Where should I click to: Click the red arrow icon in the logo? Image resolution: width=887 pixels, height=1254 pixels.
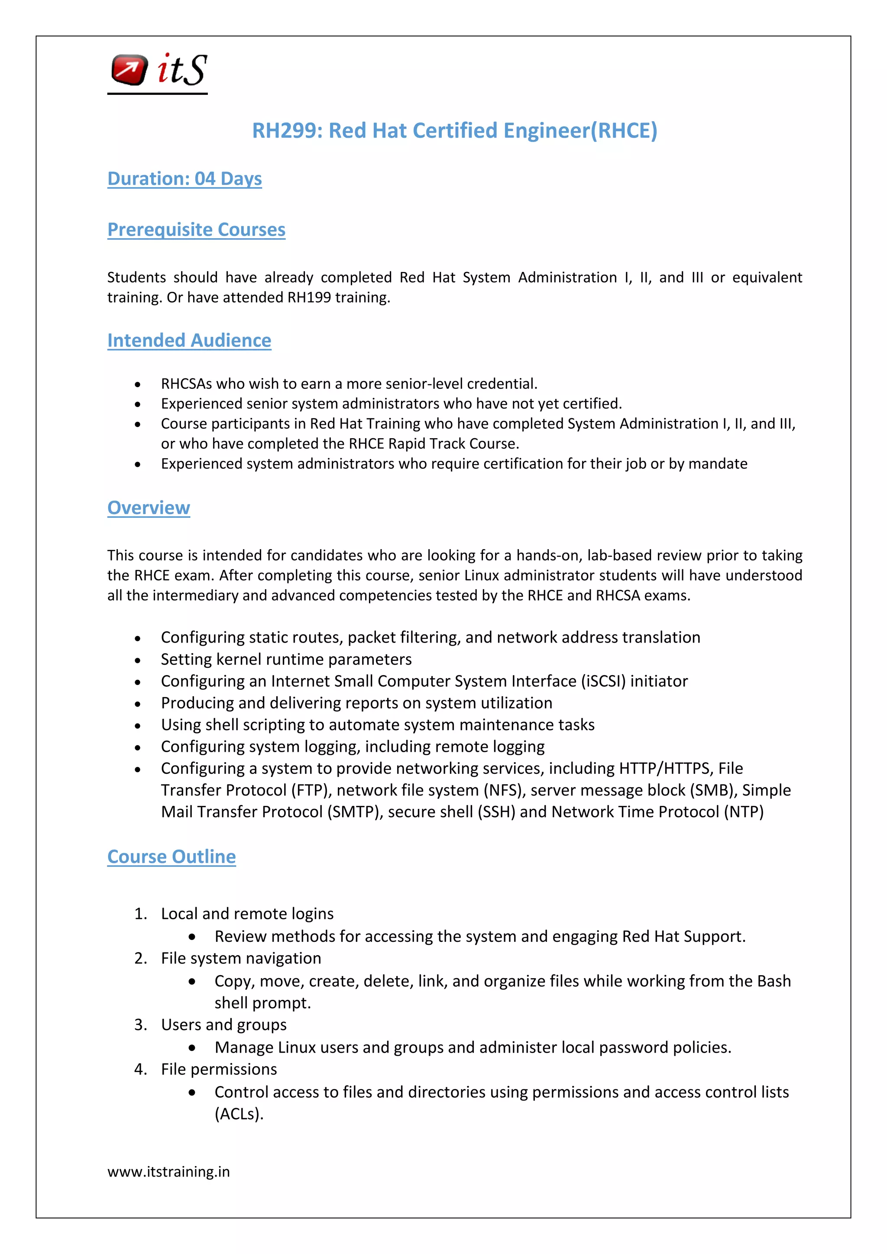pos(129,70)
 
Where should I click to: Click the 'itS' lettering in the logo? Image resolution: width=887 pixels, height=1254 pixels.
pos(182,70)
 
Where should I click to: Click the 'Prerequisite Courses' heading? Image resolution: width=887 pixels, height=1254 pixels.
pos(196,230)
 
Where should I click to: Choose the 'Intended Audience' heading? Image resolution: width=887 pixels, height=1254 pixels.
pos(189,341)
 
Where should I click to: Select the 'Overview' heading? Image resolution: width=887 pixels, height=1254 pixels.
pos(149,508)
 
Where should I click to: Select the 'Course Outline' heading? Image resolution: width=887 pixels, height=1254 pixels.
pos(172,857)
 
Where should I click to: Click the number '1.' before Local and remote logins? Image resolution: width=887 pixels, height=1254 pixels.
pos(141,914)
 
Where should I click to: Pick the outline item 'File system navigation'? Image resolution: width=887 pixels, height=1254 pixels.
pos(241,959)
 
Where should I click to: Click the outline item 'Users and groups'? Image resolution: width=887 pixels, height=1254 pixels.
pos(223,1025)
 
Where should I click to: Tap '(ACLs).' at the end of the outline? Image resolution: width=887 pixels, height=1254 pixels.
pos(239,1114)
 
